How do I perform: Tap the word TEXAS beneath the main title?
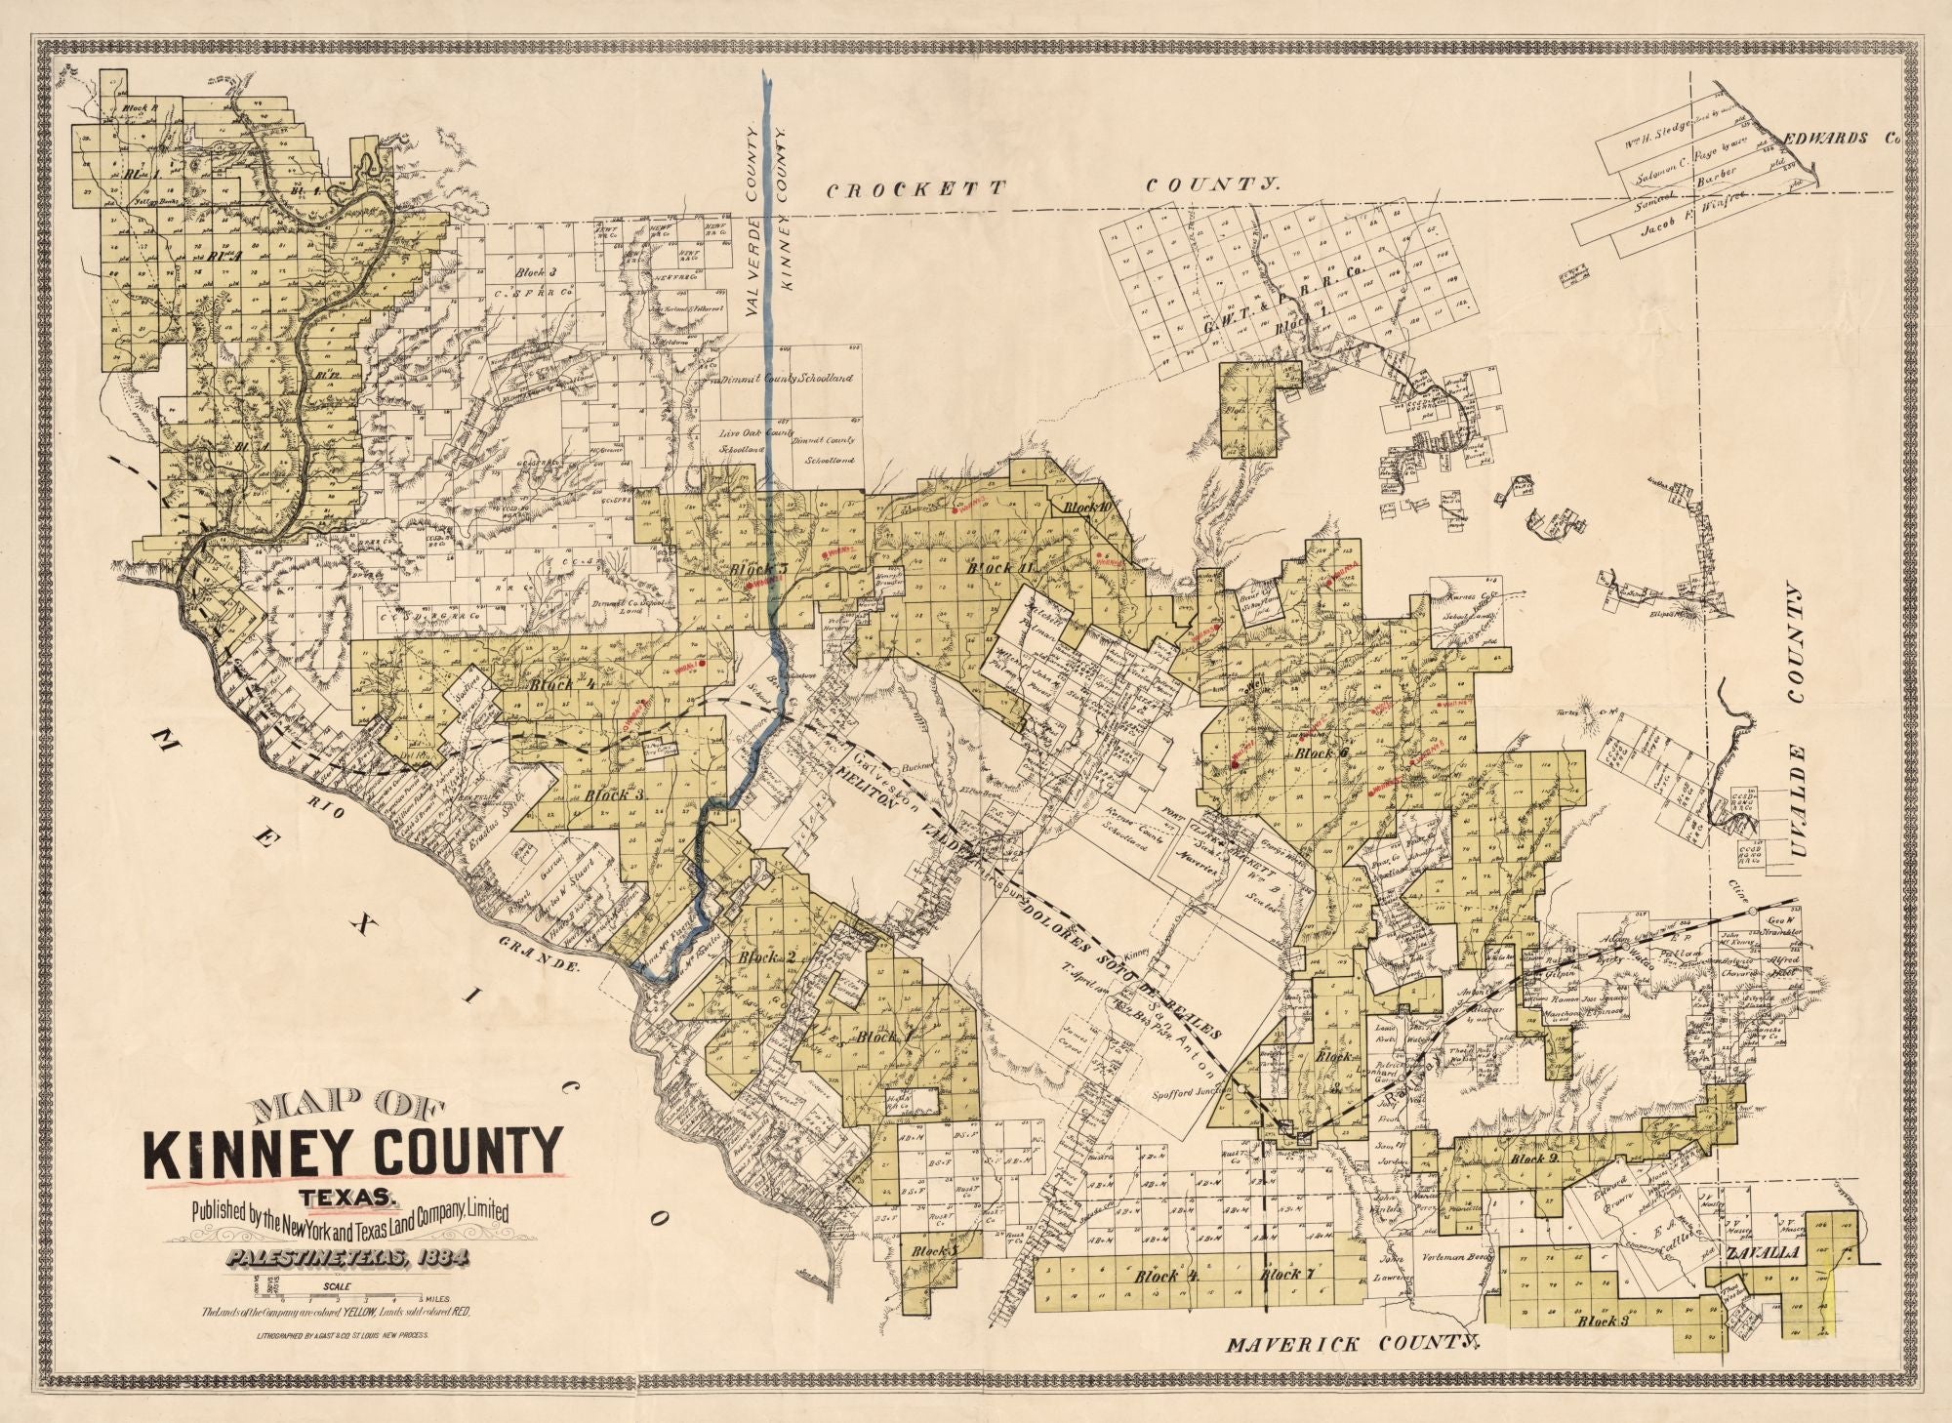(x=353, y=1197)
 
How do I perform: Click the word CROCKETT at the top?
(x=915, y=190)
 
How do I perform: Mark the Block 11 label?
(x=992, y=568)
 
